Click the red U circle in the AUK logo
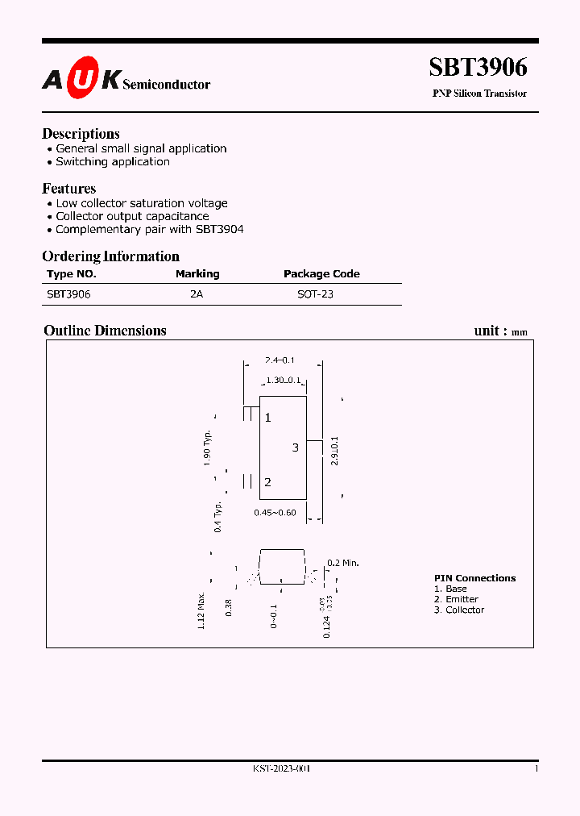coord(81,79)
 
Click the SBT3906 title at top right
coord(478,69)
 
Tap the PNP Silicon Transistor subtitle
coord(479,94)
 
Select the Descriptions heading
coord(81,134)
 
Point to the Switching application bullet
coord(113,161)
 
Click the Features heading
coord(68,189)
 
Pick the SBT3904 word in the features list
coord(219,229)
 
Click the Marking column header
coord(197,274)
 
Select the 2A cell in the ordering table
coord(197,294)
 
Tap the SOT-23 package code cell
coord(315,294)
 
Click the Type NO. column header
coord(71,274)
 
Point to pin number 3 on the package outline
coord(296,448)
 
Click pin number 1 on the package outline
coord(268,418)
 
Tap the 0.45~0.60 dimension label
coord(275,513)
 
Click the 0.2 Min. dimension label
coord(342,563)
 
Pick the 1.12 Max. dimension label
coord(201,611)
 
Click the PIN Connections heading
coord(474,578)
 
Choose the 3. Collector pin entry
coord(459,610)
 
